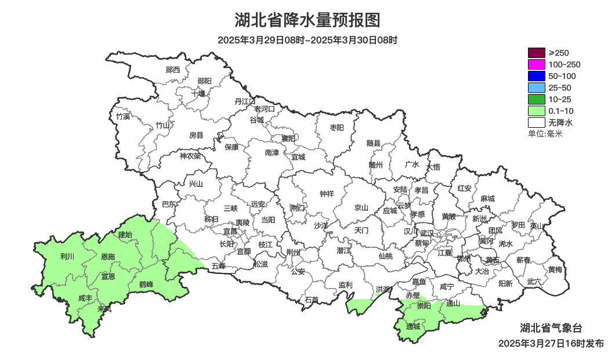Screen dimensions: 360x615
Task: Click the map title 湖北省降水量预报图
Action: coord(307,20)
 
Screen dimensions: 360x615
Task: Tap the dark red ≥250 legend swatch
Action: coord(536,53)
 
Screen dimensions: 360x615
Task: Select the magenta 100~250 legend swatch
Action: coord(536,64)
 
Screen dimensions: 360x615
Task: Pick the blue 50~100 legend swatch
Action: coord(536,76)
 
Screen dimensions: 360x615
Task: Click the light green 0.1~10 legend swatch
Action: coord(536,111)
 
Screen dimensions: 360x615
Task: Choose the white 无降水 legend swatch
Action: coord(536,123)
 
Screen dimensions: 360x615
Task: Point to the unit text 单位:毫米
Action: coord(545,134)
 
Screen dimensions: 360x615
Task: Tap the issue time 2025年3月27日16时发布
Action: coord(551,344)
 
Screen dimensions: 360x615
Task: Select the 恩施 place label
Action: coord(108,257)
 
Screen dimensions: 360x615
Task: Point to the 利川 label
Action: coord(67,256)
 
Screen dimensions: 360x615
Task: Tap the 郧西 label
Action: coord(173,70)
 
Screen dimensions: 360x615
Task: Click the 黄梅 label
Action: coord(555,269)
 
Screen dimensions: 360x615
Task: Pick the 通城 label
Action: coord(413,327)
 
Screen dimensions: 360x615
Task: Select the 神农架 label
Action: coord(190,156)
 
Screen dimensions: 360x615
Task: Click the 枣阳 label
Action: coord(337,127)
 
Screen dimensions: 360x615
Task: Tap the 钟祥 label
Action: coord(327,194)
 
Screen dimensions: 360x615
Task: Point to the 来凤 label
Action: coord(104,309)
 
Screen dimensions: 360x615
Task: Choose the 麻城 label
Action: coord(487,199)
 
